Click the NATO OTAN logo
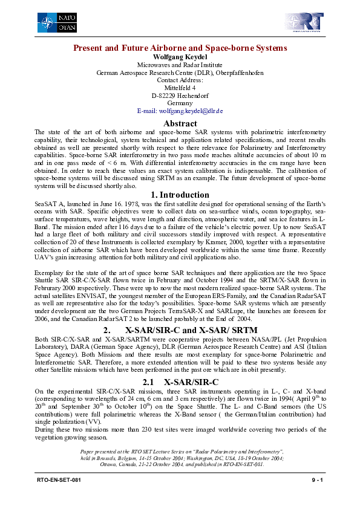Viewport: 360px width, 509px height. (56, 24)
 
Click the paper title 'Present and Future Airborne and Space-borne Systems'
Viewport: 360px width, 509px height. (180, 48)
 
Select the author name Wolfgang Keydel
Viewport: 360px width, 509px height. (180, 57)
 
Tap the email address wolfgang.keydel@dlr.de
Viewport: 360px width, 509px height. (180, 111)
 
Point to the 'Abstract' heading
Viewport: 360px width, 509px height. (180, 123)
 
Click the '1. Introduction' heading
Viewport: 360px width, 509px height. (180, 195)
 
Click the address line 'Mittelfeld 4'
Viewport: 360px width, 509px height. (180, 88)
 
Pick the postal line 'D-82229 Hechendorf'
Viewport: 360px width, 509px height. (180, 96)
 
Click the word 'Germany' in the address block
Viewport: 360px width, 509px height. (180, 103)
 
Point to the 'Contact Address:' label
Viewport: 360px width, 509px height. (180, 80)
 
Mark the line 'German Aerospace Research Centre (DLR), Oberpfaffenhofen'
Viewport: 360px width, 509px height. (180, 73)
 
